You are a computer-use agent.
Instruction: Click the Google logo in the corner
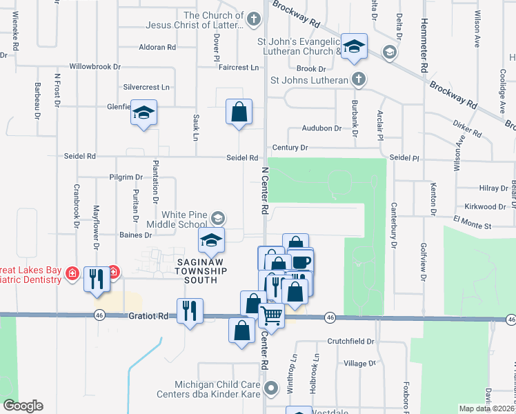[x=22, y=406]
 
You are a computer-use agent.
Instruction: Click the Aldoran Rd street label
[x=157, y=48]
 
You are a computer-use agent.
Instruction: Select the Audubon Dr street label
[x=321, y=128]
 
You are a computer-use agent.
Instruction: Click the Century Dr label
[x=290, y=148]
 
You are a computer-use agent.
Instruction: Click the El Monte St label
[x=472, y=226]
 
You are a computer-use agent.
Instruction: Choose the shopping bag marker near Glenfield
[x=239, y=112]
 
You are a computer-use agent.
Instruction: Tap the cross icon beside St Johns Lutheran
[x=357, y=79]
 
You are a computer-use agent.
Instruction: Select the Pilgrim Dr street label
[x=126, y=177]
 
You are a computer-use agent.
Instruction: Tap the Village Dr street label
[x=359, y=363]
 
